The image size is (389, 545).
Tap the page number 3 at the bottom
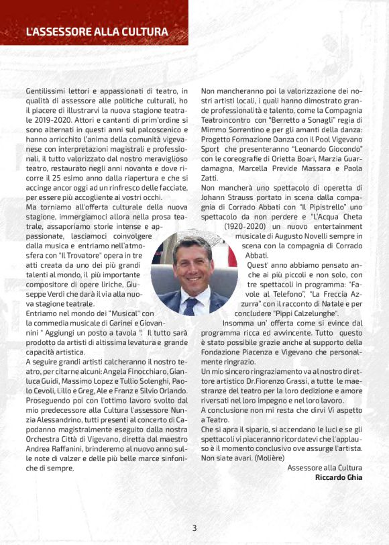coord(194,528)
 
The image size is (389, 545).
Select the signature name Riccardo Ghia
coord(338,477)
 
